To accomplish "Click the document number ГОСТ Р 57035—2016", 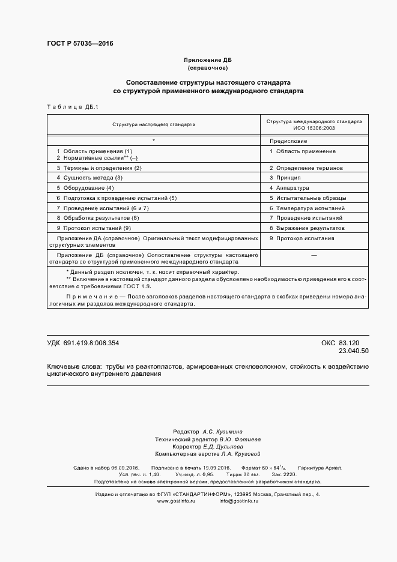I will [80, 44].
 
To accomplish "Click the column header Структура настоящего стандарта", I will [154, 125].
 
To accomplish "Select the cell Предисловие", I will [288, 140].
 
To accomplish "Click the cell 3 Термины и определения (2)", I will [98, 168].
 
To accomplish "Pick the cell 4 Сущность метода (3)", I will [89, 178].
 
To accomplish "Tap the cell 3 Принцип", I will [285, 178].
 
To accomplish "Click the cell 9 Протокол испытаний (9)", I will [93, 228].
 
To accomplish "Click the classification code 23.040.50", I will [354, 351].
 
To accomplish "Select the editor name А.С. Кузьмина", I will [223, 432].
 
